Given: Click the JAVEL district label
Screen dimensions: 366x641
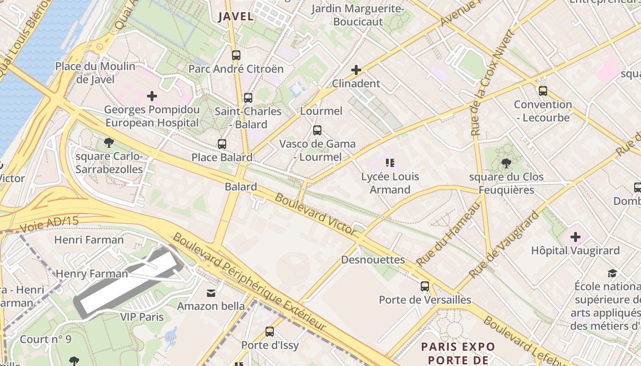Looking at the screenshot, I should [x=236, y=16].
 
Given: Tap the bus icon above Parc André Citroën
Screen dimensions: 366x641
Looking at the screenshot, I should [x=236, y=55].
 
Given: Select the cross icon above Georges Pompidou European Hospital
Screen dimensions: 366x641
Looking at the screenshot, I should [x=152, y=96].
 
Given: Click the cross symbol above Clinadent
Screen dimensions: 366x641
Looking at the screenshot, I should [x=356, y=70].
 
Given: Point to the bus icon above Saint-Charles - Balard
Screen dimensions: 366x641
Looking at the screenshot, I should [x=248, y=97].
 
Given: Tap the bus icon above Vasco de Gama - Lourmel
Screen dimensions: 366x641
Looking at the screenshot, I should [x=317, y=130].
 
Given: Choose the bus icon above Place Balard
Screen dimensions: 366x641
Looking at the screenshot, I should [x=222, y=144].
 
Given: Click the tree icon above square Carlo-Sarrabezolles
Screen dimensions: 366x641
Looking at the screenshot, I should [x=109, y=143].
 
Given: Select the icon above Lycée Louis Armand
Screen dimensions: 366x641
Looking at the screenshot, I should [x=390, y=163].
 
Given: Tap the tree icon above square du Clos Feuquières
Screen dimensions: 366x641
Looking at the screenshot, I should [x=506, y=163].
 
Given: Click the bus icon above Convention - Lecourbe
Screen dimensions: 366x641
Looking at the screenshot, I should [x=543, y=91].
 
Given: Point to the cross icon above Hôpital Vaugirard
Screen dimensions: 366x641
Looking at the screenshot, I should [x=575, y=237].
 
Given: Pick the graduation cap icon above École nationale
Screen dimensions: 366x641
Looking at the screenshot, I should [x=612, y=274].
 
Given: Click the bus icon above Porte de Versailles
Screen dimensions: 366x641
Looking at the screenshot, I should [x=425, y=286].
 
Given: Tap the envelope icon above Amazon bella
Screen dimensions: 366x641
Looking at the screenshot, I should [x=211, y=293].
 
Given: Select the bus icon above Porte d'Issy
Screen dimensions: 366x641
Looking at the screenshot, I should [x=270, y=332].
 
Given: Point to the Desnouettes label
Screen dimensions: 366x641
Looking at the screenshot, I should [x=373, y=260].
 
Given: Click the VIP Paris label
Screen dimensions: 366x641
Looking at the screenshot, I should [x=142, y=317].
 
